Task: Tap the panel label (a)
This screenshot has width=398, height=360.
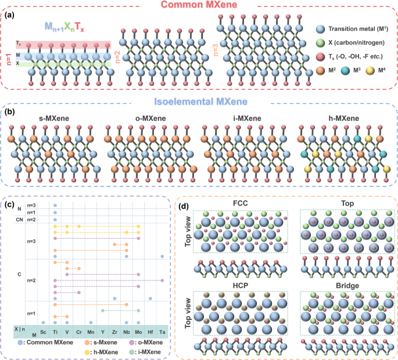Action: coord(9,16)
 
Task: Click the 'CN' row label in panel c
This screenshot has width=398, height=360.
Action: coord(19,220)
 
